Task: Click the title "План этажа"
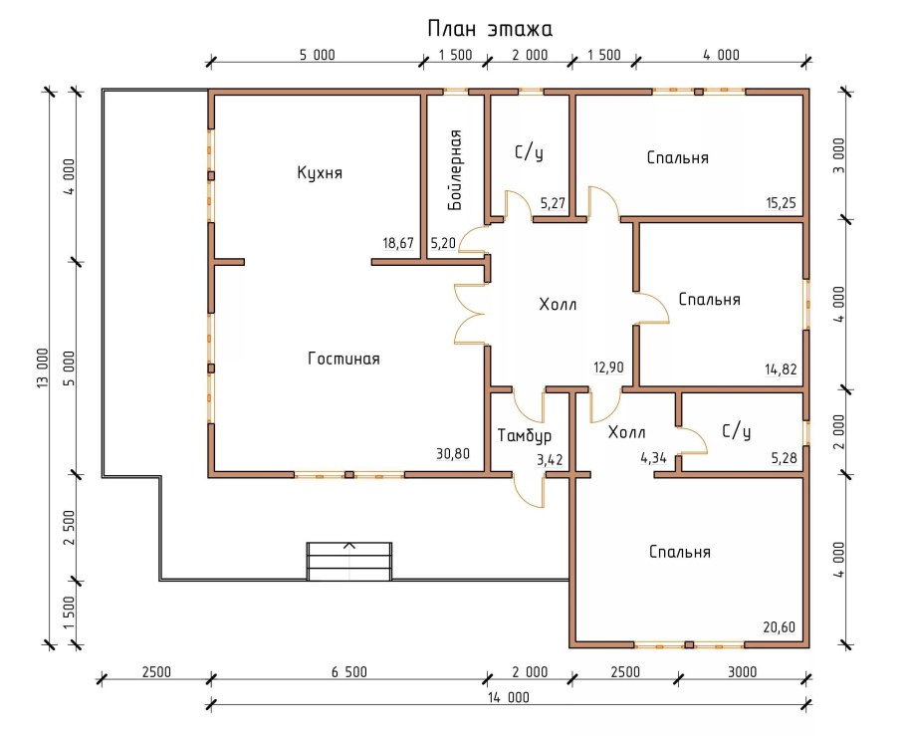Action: (490, 29)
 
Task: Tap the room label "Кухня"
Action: (320, 173)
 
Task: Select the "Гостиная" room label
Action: (343, 360)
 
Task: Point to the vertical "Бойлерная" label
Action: (455, 169)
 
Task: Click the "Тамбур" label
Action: (524, 435)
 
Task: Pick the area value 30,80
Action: (453, 454)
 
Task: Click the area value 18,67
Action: (398, 243)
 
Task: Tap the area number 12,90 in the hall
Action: (608, 368)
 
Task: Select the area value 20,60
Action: (779, 626)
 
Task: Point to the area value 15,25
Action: (781, 203)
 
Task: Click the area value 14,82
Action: (781, 368)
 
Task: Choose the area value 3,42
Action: (550, 460)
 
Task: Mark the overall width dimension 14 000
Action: (509, 697)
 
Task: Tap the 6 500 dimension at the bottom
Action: (349, 672)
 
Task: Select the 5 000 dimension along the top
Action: (318, 55)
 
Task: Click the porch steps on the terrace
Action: (349, 562)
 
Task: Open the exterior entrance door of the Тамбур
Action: (530, 491)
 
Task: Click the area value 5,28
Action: (784, 458)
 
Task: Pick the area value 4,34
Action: (653, 458)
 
